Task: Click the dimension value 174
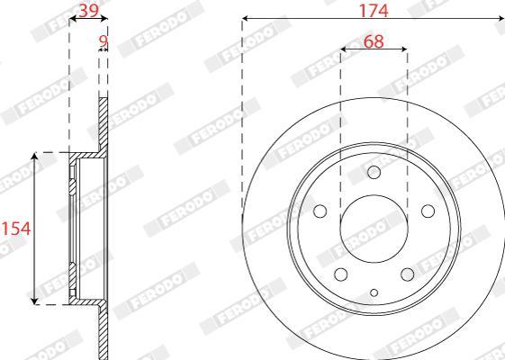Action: (374, 11)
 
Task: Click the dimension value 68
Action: (374, 41)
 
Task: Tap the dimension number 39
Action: (88, 11)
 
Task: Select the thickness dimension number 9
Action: (103, 41)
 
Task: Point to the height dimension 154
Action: (16, 229)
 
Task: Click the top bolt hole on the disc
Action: (374, 172)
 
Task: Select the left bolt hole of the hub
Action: (320, 211)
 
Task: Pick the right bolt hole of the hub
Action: (428, 211)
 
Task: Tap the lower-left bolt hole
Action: (341, 274)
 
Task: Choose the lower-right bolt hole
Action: (408, 274)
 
